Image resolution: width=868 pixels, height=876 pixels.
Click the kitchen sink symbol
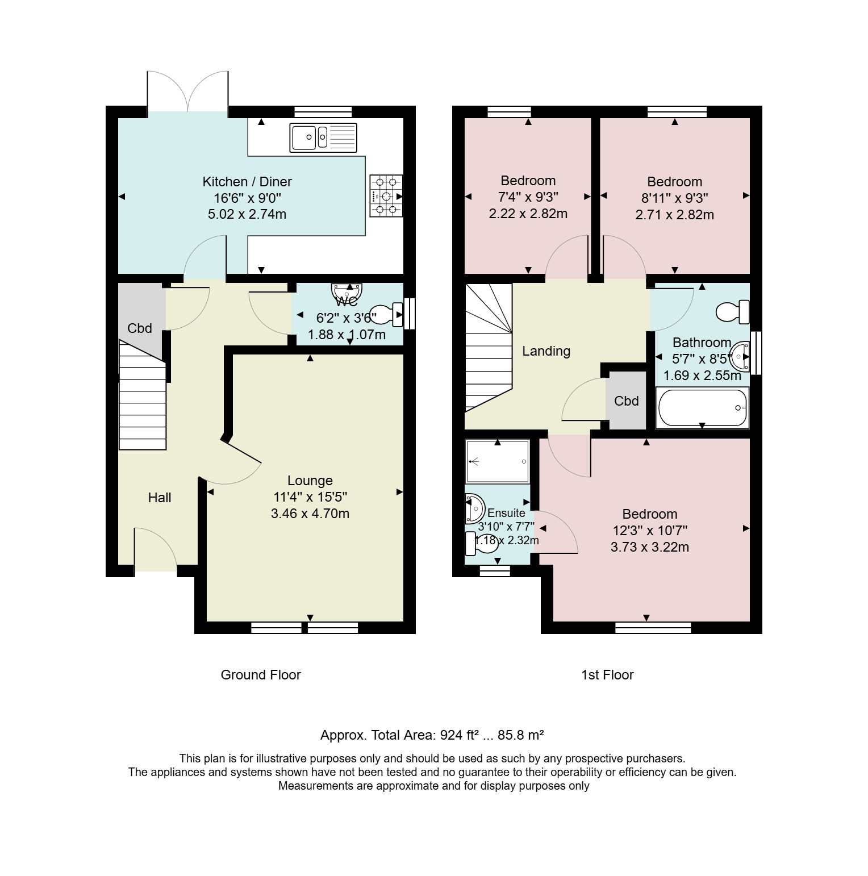pyautogui.click(x=323, y=137)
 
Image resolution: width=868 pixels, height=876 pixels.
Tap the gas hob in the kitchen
pyautogui.click(x=386, y=196)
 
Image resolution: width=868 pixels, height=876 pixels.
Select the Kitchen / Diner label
pyautogui.click(x=247, y=182)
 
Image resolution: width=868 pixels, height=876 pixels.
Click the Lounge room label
pyautogui.click(x=310, y=481)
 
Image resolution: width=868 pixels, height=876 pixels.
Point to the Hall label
pyautogui.click(x=160, y=498)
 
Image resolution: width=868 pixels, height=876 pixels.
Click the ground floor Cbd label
pyautogui.click(x=140, y=328)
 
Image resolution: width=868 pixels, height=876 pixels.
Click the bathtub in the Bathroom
pyautogui.click(x=702, y=407)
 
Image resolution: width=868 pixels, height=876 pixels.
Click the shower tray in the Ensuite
pyautogui.click(x=498, y=461)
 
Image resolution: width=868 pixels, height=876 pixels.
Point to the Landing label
pyautogui.click(x=546, y=351)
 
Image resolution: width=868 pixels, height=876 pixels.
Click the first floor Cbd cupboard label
pyautogui.click(x=627, y=401)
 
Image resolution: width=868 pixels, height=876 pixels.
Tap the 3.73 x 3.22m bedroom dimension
pyautogui.click(x=650, y=547)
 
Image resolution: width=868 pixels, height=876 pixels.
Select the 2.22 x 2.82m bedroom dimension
pyautogui.click(x=528, y=214)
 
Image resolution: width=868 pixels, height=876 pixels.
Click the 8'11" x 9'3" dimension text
pyautogui.click(x=675, y=198)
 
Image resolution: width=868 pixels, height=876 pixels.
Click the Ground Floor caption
pyautogui.click(x=261, y=675)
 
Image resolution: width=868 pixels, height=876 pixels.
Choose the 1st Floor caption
pyautogui.click(x=607, y=675)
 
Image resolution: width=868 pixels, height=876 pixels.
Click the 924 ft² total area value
pyautogui.click(x=459, y=735)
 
